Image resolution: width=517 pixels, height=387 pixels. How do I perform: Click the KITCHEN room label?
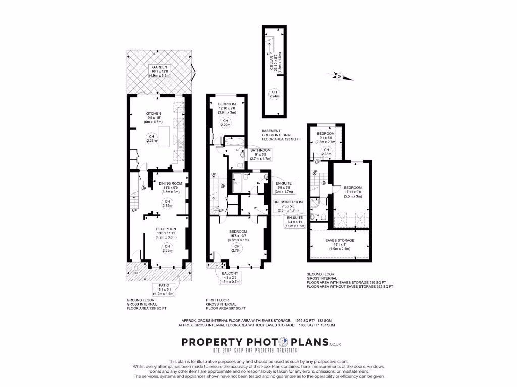pos(152,114)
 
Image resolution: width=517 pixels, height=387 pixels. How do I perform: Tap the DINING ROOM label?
pos(167,184)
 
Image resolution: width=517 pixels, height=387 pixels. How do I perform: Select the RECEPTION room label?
pos(167,229)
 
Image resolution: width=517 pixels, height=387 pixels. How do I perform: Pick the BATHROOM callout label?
pos(261,150)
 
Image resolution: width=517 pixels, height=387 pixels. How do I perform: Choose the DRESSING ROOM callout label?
pos(288,202)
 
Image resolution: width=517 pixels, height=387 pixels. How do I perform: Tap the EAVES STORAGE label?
pos(339,241)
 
